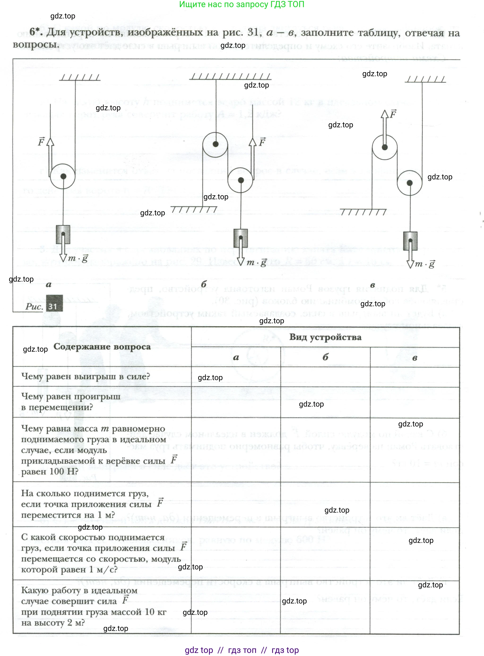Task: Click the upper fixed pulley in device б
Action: (215, 144)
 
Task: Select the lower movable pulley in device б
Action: (241, 180)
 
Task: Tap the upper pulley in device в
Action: (385, 147)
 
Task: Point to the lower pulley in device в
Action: (410, 183)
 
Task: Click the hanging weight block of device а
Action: (63, 234)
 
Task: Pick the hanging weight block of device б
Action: (241, 238)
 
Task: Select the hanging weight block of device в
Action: (410, 241)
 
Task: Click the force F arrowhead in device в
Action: (385, 114)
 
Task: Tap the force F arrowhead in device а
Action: (50, 142)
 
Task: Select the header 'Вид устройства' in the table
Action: (325, 337)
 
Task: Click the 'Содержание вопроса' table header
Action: (102, 347)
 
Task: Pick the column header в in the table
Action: (415, 358)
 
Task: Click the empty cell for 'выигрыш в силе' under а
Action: (236, 377)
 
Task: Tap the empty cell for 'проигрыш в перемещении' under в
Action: (415, 402)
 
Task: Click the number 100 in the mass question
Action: (56, 471)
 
